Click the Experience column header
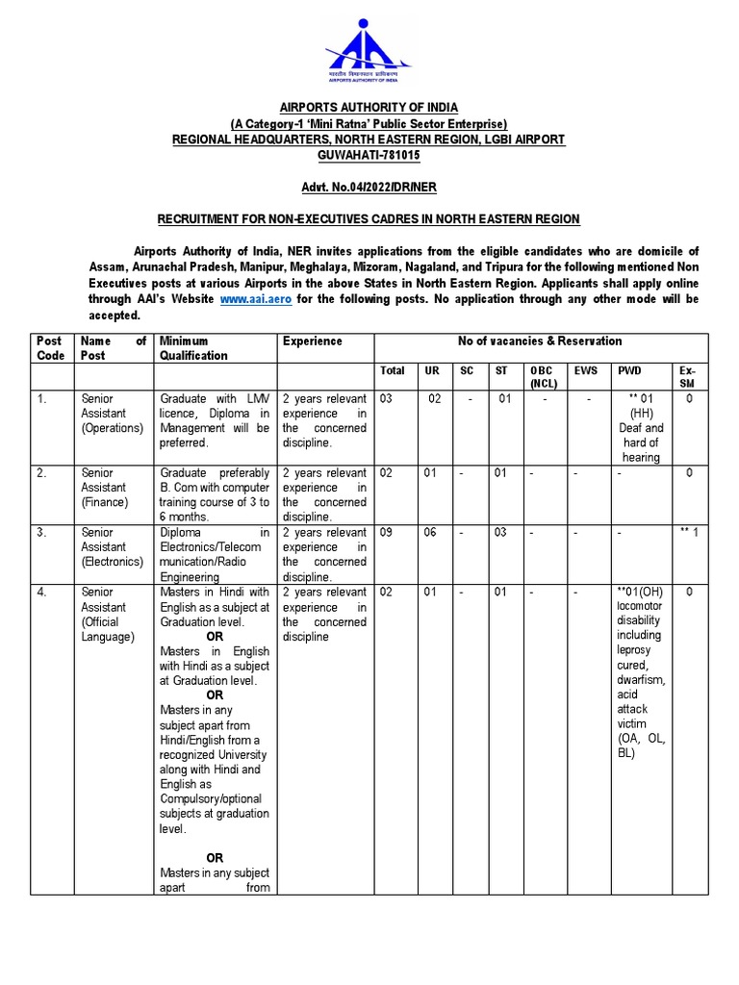coord(313,341)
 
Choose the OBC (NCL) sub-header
coord(542,377)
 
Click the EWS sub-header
coord(586,370)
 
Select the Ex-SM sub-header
coord(686,377)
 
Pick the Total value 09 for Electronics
coord(388,533)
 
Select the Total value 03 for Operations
coord(388,398)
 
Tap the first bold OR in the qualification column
coord(215,637)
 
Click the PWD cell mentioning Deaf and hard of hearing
coord(641,428)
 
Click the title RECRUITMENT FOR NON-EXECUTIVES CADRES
coord(369,219)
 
